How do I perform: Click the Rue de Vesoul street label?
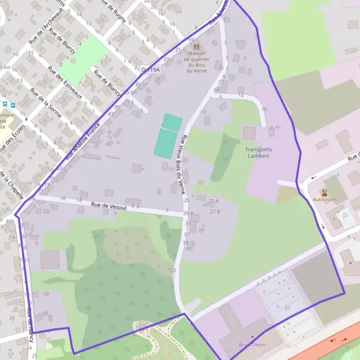pos(109,205)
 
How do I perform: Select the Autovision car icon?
pos(325,193)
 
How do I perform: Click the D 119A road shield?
pos(151,70)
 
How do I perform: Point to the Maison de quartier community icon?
pos(196,46)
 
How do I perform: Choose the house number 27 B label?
pos(215,212)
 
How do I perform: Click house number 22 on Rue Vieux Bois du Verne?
pos(173,271)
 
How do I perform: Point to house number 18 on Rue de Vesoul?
pos(62,199)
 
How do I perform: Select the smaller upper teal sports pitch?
pos(172,122)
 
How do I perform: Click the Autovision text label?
pos(325,200)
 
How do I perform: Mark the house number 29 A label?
pos(189,214)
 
